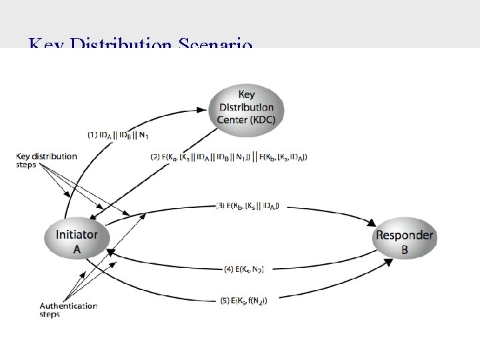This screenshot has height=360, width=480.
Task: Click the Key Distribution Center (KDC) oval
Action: coord(246,106)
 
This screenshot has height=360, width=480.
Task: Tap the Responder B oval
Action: coord(404,242)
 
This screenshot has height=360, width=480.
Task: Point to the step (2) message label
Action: coord(229,157)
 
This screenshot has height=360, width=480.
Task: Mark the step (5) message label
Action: coord(245,301)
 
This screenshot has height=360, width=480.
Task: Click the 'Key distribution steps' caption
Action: coord(47,161)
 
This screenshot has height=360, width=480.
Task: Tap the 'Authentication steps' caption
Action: coord(69,310)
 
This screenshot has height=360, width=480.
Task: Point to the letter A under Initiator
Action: coord(77,249)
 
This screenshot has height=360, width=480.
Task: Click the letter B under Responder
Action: coord(404,250)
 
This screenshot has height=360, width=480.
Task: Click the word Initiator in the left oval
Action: coord(77,235)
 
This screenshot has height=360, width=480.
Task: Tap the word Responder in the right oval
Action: coord(404,235)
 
